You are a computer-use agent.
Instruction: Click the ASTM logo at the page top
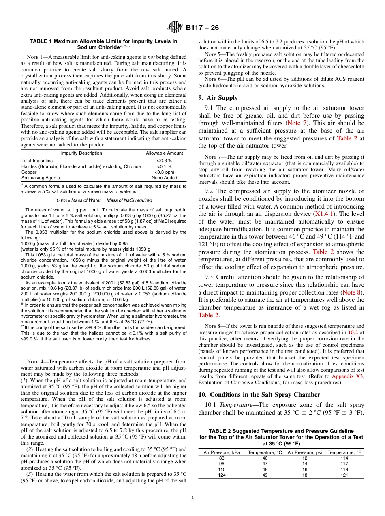tap(175, 28)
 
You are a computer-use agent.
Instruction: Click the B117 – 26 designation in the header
tap(202, 28)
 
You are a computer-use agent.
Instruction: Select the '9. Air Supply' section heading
tap(218, 98)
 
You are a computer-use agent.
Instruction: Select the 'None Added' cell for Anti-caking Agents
tap(164, 178)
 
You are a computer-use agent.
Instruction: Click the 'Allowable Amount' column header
tap(164, 153)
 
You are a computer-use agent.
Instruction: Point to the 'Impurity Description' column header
tap(81, 153)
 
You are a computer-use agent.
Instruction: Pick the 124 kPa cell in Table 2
tap(221, 475)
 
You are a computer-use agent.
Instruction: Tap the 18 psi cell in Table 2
tap(304, 475)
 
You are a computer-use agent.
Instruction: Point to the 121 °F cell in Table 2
tap(344, 475)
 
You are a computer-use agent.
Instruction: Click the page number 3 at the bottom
tap(192, 497)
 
